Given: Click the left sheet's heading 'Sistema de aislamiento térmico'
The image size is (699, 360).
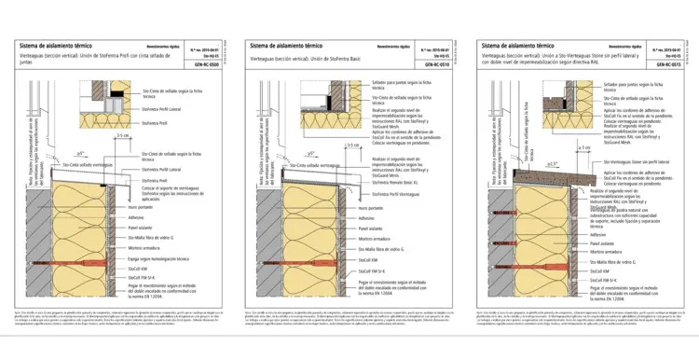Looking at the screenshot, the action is tap(57, 46).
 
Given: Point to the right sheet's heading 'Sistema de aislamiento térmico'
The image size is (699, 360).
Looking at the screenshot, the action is tap(521, 46).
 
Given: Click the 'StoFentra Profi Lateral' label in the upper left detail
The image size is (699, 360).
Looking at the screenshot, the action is tap(156, 110).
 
